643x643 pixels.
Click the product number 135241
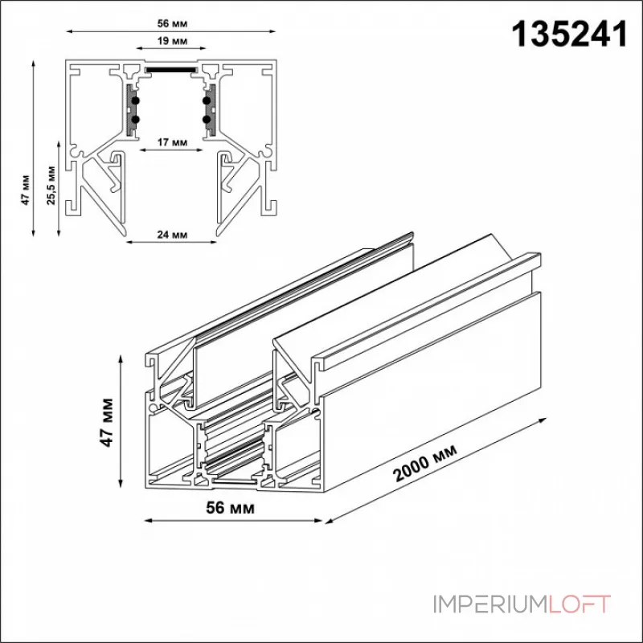click(x=571, y=35)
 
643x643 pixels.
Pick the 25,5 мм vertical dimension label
click(x=51, y=189)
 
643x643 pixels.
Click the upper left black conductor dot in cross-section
click(x=135, y=100)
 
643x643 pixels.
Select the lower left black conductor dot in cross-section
click(x=135, y=120)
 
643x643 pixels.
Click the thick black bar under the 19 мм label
click(x=170, y=69)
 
